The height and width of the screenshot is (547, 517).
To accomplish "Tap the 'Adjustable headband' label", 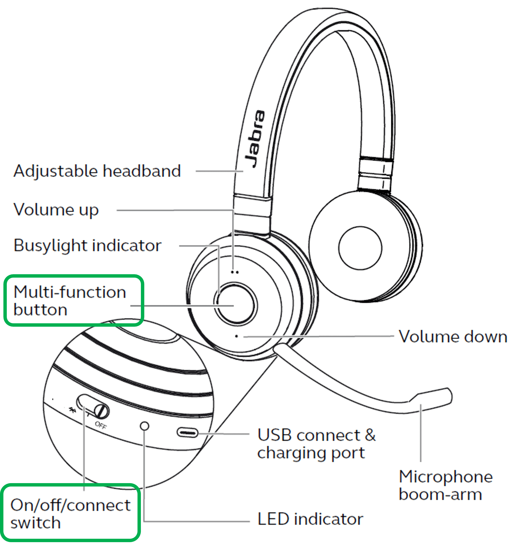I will [x=97, y=171].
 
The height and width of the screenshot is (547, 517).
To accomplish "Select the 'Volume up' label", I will [x=56, y=210].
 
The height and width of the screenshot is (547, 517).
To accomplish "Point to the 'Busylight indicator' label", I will [x=87, y=245].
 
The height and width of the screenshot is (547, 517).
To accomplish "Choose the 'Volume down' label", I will [x=453, y=336].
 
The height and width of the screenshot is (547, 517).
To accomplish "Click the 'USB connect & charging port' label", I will [x=316, y=444].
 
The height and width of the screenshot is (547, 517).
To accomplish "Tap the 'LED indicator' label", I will [x=310, y=519].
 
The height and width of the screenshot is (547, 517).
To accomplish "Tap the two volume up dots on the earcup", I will [x=235, y=272].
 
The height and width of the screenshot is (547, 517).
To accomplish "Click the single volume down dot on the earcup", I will [x=236, y=336].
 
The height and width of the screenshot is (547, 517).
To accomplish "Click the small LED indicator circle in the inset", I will [x=145, y=426].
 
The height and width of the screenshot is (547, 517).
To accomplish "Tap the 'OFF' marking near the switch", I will [x=101, y=425].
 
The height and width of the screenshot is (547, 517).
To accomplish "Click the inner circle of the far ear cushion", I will [x=360, y=248].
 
